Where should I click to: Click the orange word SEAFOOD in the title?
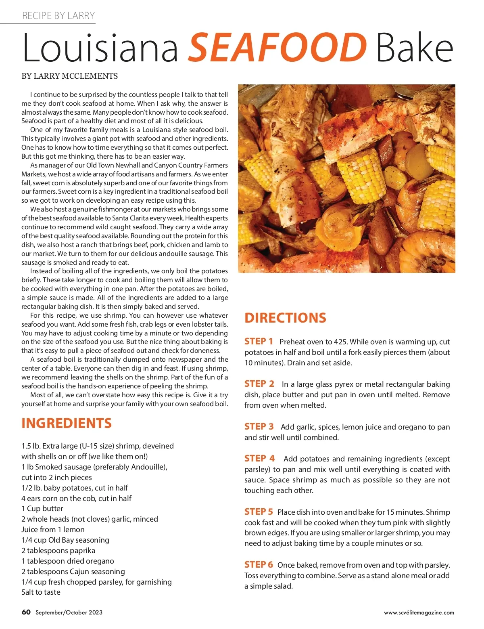pyautogui.click(x=277, y=48)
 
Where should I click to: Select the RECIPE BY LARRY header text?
pyautogui.click(x=58, y=16)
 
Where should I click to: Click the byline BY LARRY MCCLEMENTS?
pyautogui.click(x=70, y=76)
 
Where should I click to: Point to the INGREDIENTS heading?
pyautogui.click(x=67, y=423)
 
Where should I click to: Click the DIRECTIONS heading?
pyautogui.click(x=285, y=318)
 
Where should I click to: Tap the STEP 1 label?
pyautogui.click(x=259, y=342)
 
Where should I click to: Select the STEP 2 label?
pyautogui.click(x=259, y=384)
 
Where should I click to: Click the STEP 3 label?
pyautogui.click(x=259, y=427)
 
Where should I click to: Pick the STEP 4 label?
pyautogui.click(x=259, y=459)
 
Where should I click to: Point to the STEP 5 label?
pyautogui.click(x=259, y=512)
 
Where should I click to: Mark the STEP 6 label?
pyautogui.click(x=259, y=565)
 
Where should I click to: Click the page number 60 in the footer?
pyautogui.click(x=26, y=612)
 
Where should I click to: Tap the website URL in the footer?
pyautogui.click(x=419, y=612)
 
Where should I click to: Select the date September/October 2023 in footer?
pyautogui.click(x=69, y=612)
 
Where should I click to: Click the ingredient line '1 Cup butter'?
pyautogui.click(x=42, y=509)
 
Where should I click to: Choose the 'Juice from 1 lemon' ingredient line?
pyautogui.click(x=53, y=530)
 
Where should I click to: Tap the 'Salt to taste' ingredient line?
pyautogui.click(x=41, y=592)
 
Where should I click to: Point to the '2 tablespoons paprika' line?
pyautogui.click(x=58, y=551)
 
